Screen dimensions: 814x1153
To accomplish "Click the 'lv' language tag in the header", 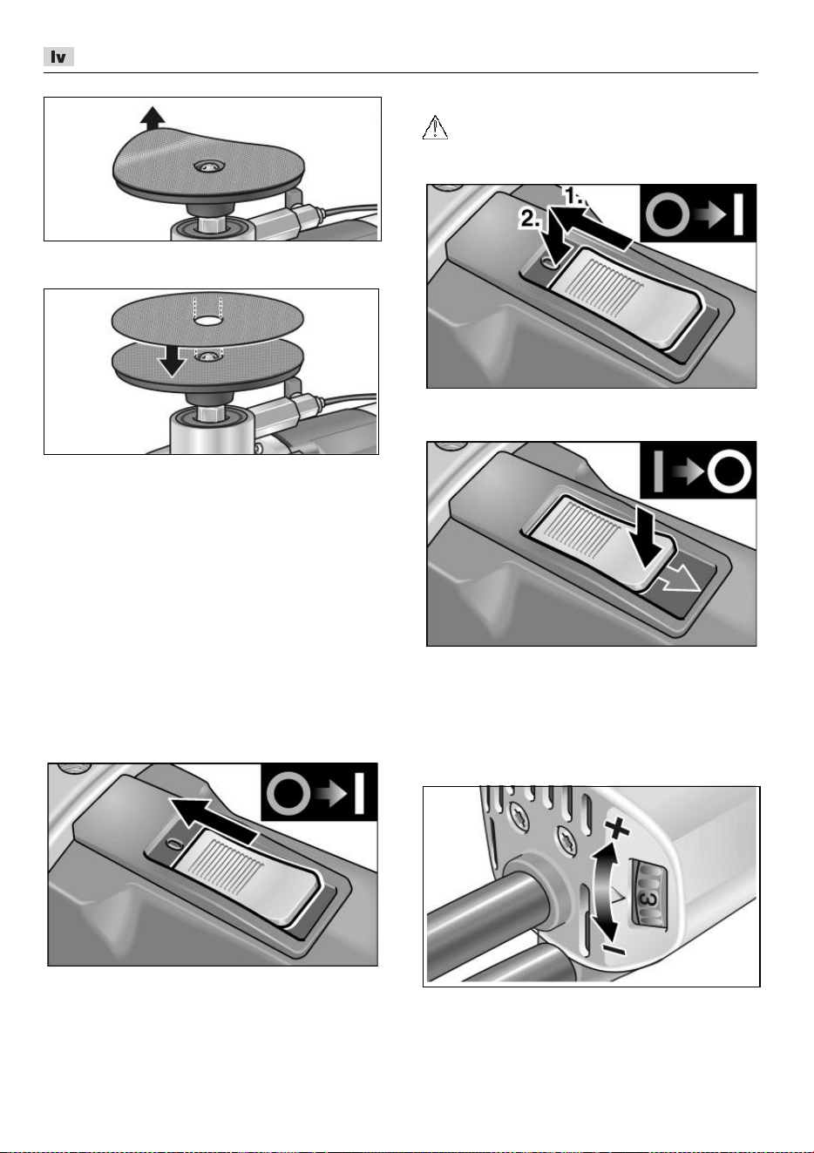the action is click(x=58, y=57).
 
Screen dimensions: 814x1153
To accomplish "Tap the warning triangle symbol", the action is click(x=435, y=127).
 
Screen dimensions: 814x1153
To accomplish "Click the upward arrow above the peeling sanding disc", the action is click(x=153, y=117).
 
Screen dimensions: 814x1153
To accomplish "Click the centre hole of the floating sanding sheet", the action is click(x=207, y=321).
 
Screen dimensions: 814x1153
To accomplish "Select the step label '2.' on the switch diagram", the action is click(x=530, y=220).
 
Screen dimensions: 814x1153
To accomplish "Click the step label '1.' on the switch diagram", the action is click(x=575, y=195).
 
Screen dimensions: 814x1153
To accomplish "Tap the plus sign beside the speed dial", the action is click(x=617, y=829).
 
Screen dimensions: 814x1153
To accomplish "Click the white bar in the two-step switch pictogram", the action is click(x=738, y=214).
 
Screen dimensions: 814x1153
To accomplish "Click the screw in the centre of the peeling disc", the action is click(x=208, y=166).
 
